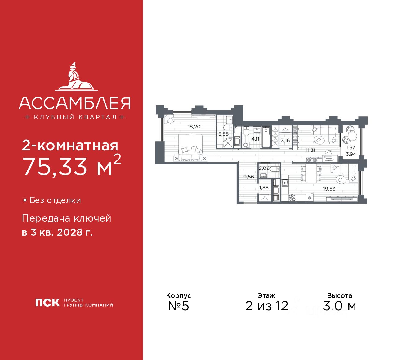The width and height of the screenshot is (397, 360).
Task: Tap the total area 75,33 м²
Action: point(72,166)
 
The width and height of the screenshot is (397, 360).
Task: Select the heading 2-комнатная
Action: point(70,145)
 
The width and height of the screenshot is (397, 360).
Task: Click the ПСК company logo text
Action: point(47,302)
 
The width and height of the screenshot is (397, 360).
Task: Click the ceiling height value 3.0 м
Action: point(339,306)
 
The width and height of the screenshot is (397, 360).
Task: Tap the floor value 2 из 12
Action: point(266,306)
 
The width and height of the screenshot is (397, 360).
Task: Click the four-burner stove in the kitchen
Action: point(292,198)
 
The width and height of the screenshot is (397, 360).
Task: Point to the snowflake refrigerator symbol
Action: point(309,198)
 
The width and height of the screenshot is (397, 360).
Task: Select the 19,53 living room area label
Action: point(329,189)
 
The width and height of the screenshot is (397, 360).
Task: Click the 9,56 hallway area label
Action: point(249,177)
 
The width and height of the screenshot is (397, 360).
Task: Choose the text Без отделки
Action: point(55,200)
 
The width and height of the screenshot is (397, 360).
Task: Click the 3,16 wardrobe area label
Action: point(285,141)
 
